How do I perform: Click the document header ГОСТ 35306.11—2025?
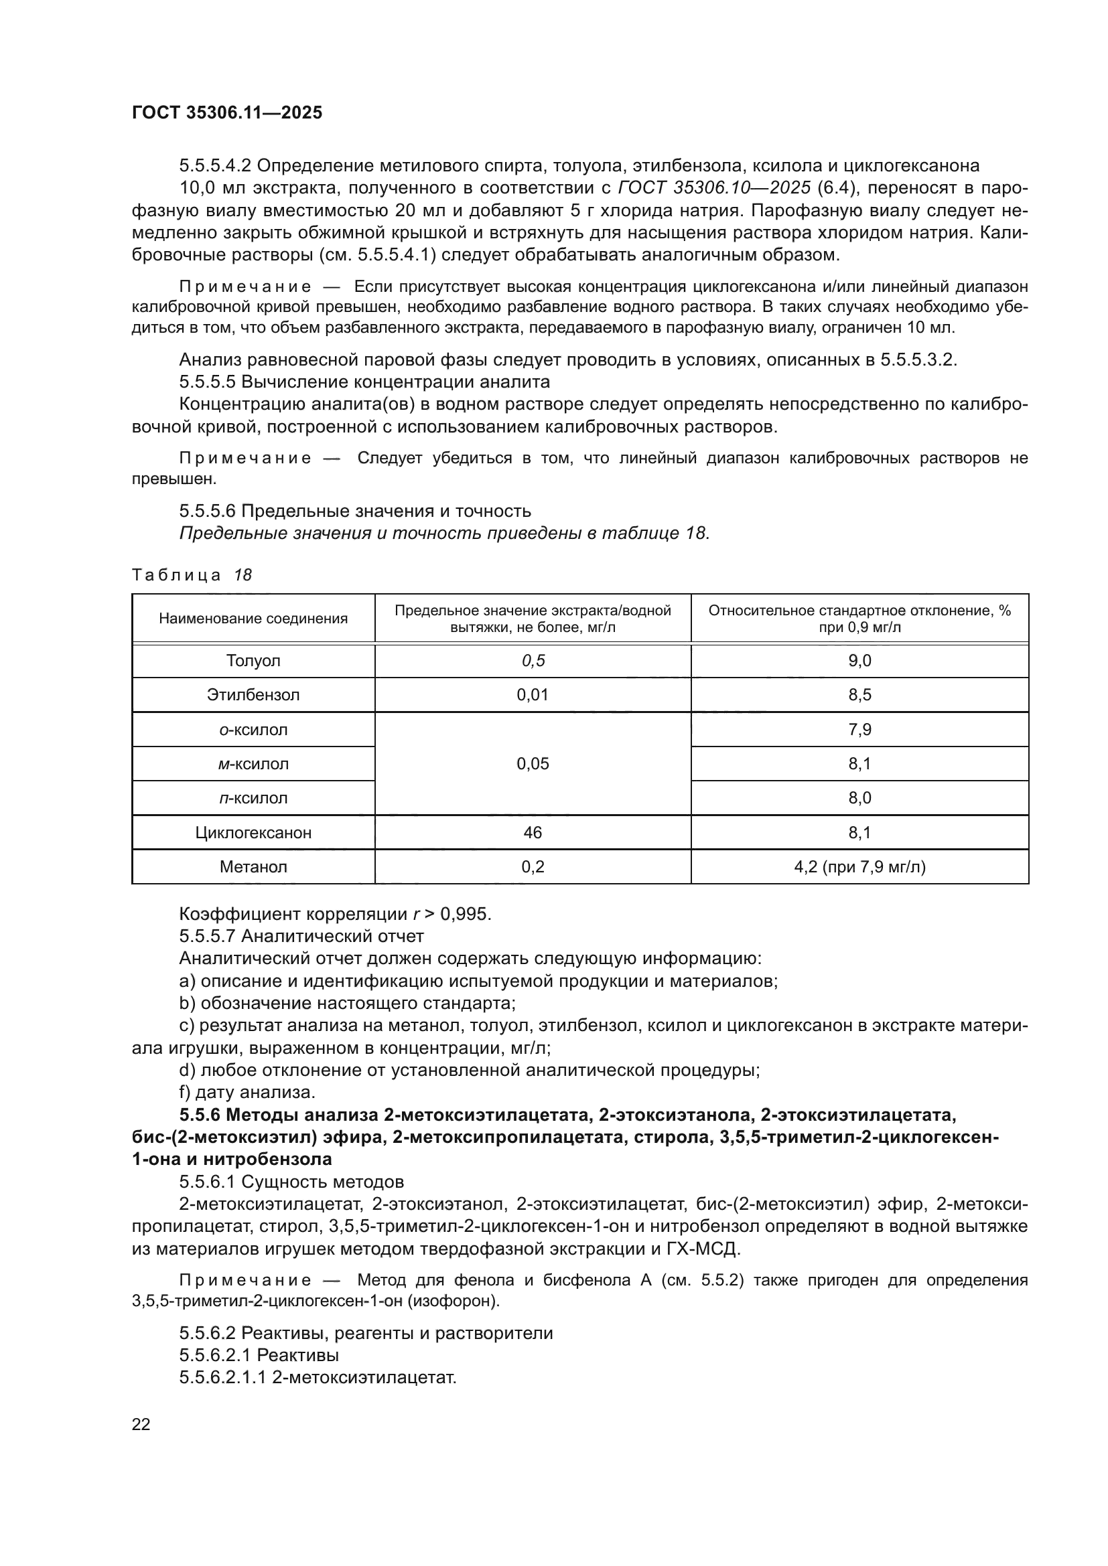point(226,113)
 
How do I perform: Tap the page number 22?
point(141,1424)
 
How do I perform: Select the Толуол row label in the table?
point(253,661)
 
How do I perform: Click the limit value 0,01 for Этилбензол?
point(532,695)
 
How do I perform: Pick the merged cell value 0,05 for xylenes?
point(532,764)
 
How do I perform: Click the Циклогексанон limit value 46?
point(532,833)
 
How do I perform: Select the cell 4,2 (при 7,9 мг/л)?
point(859,867)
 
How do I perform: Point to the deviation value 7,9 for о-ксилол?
point(859,730)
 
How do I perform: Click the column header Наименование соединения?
point(253,619)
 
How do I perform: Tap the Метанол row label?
point(253,867)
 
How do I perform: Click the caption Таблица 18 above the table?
point(192,575)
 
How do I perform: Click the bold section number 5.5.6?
point(200,1115)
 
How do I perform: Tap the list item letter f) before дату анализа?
point(185,1093)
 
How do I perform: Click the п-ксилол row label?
point(253,798)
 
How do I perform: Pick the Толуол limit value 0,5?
point(532,661)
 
